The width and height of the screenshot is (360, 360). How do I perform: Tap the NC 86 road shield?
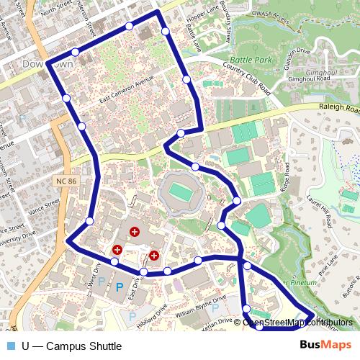pyautogui.click(x=65, y=181)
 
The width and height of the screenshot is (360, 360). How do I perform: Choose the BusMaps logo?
pyautogui.click(x=325, y=346)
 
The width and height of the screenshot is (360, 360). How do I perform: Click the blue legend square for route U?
pyautogui.click(x=10, y=346)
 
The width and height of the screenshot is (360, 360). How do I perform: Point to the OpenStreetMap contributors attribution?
pyautogui.click(x=297, y=323)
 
